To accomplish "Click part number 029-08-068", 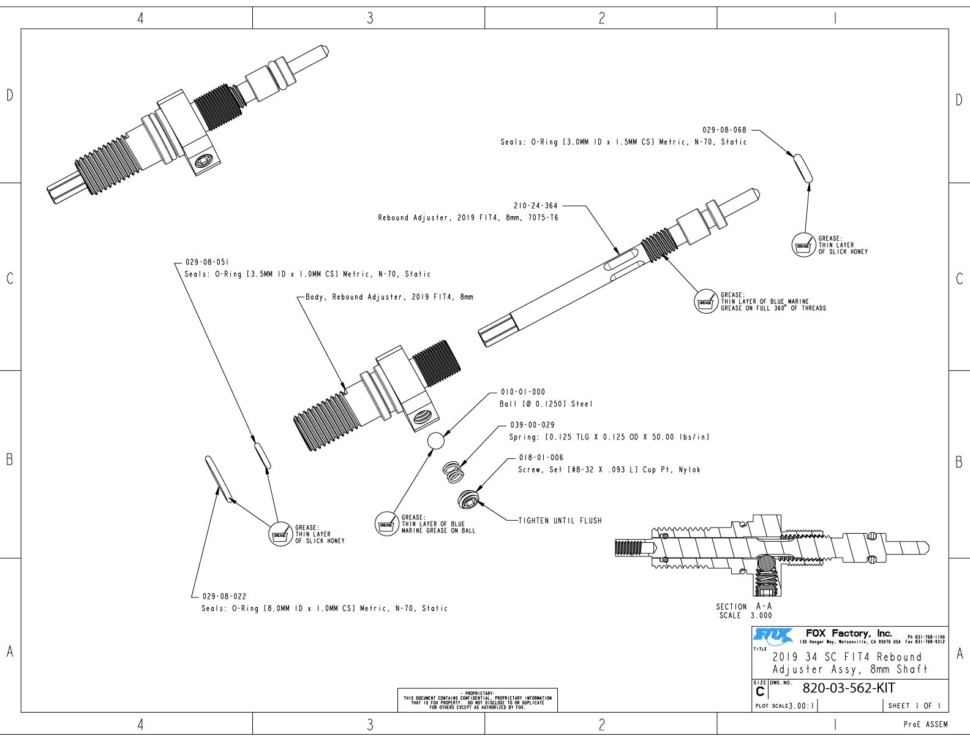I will pyautogui.click(x=724, y=130).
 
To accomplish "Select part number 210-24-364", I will pyautogui.click(x=535, y=206).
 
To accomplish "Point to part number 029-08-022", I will pyautogui.click(x=224, y=596).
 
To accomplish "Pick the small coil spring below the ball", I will pyautogui.click(x=453, y=472).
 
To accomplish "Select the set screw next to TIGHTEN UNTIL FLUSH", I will pyautogui.click(x=468, y=499).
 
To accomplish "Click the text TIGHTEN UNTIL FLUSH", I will pyautogui.click(x=560, y=521).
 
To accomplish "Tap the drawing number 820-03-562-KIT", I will pyautogui.click(x=848, y=688).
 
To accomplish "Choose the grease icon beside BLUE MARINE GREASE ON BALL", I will pyautogui.click(x=386, y=525).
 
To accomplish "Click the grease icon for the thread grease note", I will pyautogui.click(x=705, y=302).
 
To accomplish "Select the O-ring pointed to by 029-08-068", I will pyautogui.click(x=803, y=168).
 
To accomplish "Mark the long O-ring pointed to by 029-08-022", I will pyautogui.click(x=219, y=479).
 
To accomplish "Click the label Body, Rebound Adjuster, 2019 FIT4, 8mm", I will pyautogui.click(x=389, y=297).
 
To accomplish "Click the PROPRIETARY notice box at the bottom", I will pyautogui.click(x=478, y=700).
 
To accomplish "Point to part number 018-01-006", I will pyautogui.click(x=541, y=458).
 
